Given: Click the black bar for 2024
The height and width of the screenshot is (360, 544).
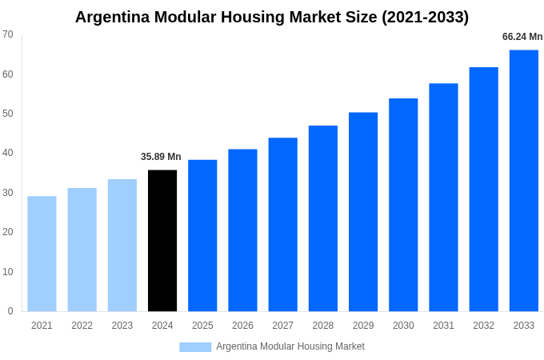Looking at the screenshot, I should point(162,241).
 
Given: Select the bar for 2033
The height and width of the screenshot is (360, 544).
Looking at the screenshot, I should point(524,181).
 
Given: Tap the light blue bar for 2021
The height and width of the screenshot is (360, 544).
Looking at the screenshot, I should point(42,254).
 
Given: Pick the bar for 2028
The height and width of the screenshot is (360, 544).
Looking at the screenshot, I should point(323,218).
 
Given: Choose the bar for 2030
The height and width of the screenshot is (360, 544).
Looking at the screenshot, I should point(403,205).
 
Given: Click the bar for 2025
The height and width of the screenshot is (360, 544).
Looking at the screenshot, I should point(202,236).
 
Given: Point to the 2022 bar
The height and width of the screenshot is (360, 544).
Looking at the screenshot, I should point(82,250).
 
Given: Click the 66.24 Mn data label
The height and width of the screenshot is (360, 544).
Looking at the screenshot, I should point(522,37).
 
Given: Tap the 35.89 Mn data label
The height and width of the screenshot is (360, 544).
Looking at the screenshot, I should point(161,157).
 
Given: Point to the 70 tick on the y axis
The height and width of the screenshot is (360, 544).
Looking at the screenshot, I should point(8,34).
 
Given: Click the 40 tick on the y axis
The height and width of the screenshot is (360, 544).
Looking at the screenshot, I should point(8,153).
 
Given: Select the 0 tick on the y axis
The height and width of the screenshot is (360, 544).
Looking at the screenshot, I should point(10,311).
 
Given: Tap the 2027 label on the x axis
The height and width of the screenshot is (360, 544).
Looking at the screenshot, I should point(282,326).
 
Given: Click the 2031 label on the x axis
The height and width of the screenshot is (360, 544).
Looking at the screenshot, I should point(443,326).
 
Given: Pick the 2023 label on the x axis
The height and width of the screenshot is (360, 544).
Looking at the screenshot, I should point(122,326).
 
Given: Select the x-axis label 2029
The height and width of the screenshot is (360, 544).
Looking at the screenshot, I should point(363,326).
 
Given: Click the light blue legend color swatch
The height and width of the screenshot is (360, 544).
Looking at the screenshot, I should point(195,346).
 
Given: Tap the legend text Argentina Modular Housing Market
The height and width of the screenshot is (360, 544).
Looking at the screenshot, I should point(290,346).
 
